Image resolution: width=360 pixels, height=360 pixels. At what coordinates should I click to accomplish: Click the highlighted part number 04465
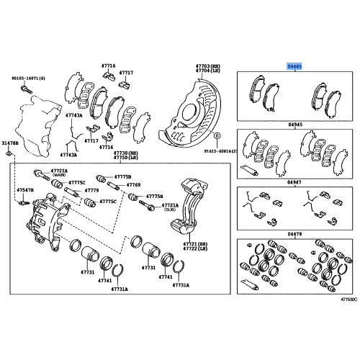click(x=295, y=65)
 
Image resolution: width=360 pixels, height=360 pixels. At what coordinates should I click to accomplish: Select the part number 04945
click(x=295, y=124)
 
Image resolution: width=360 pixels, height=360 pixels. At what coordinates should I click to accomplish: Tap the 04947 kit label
click(x=295, y=184)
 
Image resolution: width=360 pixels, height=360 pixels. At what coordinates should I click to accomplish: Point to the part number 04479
click(x=295, y=233)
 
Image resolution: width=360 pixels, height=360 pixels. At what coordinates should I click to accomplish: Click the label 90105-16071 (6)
click(x=28, y=78)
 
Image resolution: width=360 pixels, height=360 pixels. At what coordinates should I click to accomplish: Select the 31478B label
click(x=9, y=143)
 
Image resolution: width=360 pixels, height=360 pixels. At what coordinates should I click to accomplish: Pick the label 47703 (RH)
click(x=206, y=66)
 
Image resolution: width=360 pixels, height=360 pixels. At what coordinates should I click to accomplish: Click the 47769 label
click(x=133, y=186)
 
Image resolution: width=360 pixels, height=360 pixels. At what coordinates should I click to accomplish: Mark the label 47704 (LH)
click(x=206, y=71)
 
